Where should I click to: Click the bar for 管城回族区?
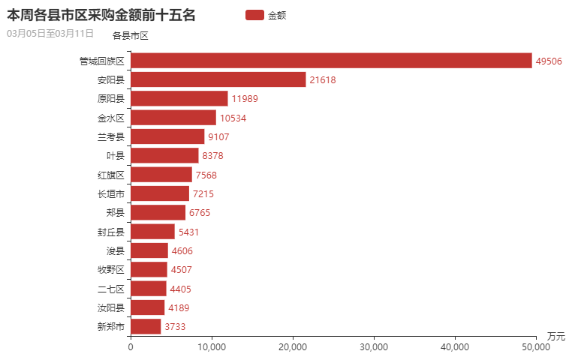point(331,61)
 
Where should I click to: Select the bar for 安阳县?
point(218,79)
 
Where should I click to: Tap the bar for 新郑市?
point(146,326)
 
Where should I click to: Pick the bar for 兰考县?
point(167,136)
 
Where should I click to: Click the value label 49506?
point(549,61)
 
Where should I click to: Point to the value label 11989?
point(245,99)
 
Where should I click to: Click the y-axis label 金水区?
point(110,118)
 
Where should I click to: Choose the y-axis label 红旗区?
point(110,175)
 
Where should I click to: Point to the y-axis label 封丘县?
point(110,232)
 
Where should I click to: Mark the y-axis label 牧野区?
point(110,269)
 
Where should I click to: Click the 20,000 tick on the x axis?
point(293,346)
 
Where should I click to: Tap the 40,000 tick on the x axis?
point(455,346)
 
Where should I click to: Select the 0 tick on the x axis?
point(131,346)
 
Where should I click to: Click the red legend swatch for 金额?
point(254,15)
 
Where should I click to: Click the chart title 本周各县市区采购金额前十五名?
point(101,14)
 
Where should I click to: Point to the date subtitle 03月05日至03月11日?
point(50,33)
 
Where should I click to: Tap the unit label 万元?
point(555,335)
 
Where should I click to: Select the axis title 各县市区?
point(131,35)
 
